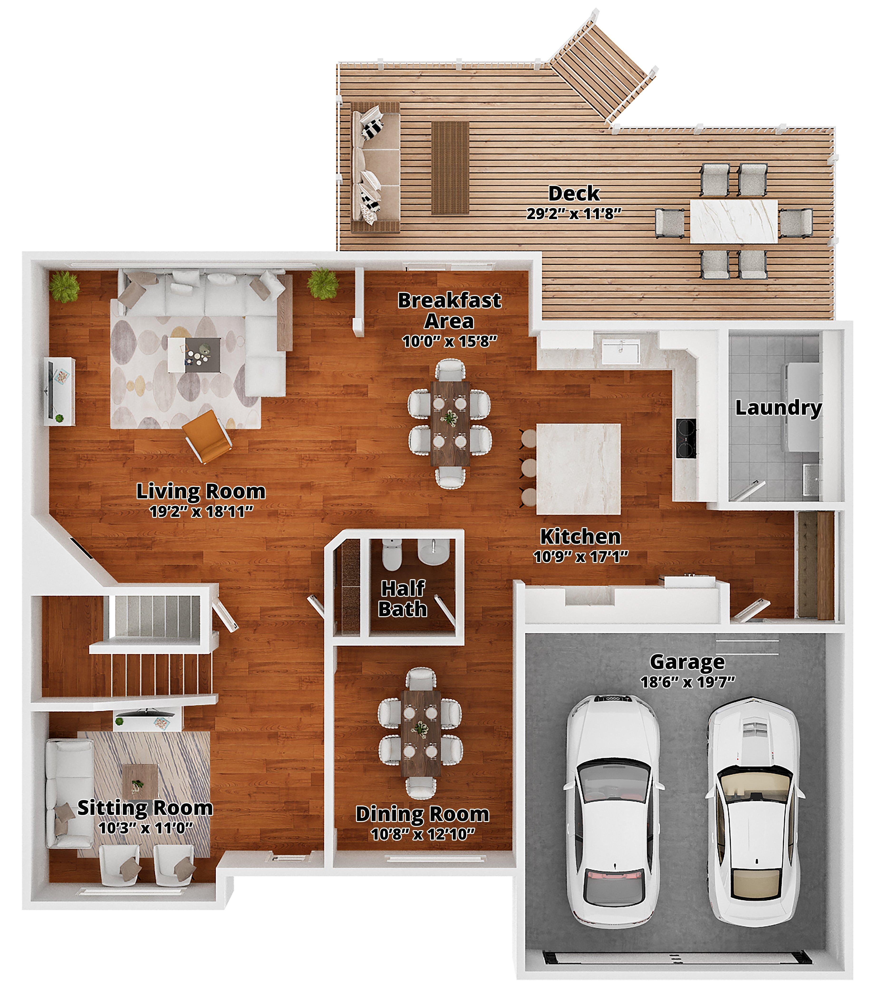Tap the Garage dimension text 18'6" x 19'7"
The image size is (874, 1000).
pyautogui.click(x=688, y=682)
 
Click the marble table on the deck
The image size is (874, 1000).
pyautogui.click(x=734, y=221)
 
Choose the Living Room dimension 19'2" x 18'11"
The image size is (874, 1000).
pyautogui.click(x=201, y=511)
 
